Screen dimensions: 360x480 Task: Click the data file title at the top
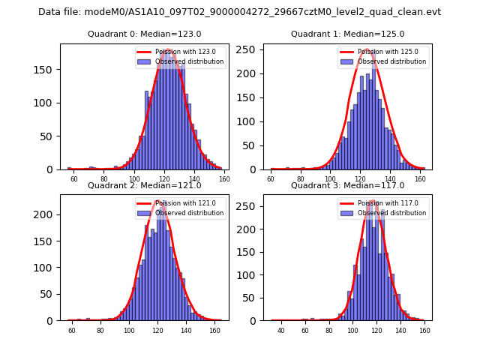coord(239,12)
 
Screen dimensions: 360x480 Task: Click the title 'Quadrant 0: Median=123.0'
coord(144,34)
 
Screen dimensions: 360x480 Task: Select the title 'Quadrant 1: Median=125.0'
coord(347,34)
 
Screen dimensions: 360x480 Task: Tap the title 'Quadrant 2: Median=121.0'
coord(144,185)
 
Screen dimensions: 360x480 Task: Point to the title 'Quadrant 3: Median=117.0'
coord(347,185)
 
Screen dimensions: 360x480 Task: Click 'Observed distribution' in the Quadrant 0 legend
coord(189,61)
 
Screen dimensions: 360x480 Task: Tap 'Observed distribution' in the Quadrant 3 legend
coord(392,213)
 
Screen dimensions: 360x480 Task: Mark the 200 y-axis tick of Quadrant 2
coord(47,214)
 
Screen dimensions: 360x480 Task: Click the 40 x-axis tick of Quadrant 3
coord(281,330)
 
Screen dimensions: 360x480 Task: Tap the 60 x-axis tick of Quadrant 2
coord(72,330)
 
